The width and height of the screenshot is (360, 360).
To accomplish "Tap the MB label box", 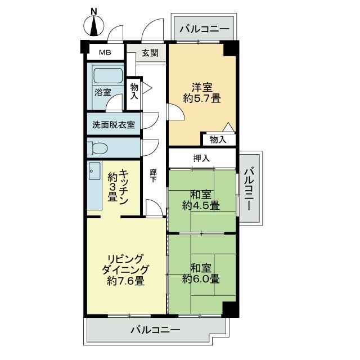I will pyautogui.click(x=105, y=53).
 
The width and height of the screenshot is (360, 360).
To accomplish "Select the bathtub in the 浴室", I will pyautogui.click(x=108, y=77).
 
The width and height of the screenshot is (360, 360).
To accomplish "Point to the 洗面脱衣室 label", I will pyautogui.click(x=114, y=124).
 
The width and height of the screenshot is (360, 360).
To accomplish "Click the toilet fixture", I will pyautogui.click(x=99, y=148).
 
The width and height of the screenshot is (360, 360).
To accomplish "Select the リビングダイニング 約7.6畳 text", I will pyautogui.click(x=125, y=268).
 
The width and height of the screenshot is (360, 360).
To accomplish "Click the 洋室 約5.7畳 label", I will pyautogui.click(x=201, y=93).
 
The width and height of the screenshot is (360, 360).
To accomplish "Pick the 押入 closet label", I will pyautogui.click(x=201, y=158).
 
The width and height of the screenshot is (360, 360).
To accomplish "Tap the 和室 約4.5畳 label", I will pyautogui.click(x=201, y=201).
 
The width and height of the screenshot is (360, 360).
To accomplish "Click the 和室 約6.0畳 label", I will pyautogui.click(x=201, y=273).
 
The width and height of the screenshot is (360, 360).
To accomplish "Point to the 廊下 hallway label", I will pyautogui.click(x=153, y=176).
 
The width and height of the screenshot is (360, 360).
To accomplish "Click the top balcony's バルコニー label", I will pyautogui.click(x=205, y=28).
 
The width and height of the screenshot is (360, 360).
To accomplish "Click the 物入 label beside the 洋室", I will pyautogui.click(x=218, y=138).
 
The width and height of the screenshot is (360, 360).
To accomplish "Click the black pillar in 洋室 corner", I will pyautogui.click(x=229, y=49).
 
